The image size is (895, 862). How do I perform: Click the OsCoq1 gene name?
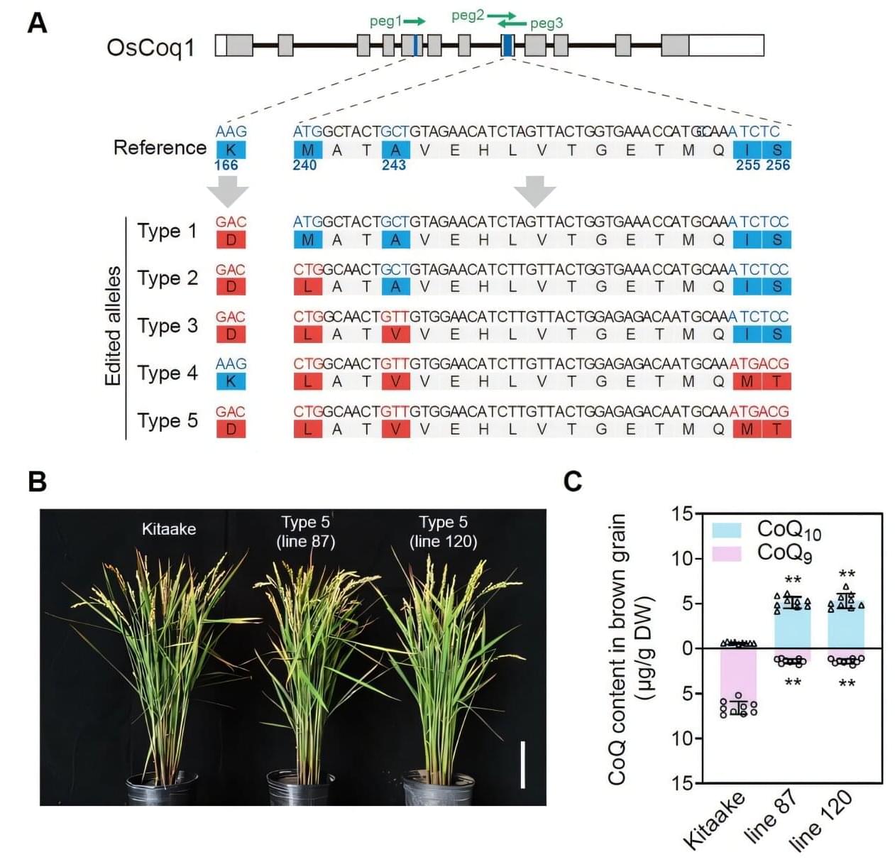[x=150, y=48]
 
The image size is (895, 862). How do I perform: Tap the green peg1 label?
[x=385, y=21]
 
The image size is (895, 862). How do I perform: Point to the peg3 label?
[x=547, y=23]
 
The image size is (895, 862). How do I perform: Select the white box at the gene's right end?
[x=726, y=45]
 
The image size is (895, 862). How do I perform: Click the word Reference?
[x=160, y=148]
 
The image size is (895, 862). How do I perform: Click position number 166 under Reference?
[x=226, y=165]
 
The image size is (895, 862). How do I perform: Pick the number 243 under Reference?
[x=394, y=165]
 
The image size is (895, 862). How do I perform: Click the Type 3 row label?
[x=168, y=326]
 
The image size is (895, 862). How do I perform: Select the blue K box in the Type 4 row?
[x=231, y=381]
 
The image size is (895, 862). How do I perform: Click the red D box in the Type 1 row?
[x=231, y=240]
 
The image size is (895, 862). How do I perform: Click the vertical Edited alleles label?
[x=114, y=326]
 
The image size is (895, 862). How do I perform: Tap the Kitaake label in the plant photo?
[x=169, y=529]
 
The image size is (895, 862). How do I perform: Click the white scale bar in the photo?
[x=523, y=765]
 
